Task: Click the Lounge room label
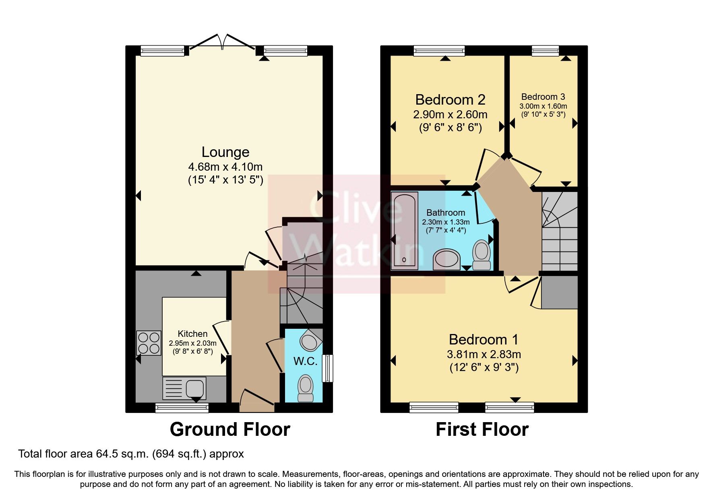(x=225, y=152)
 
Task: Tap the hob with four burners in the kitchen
(x=149, y=342)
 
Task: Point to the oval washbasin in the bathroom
(x=447, y=260)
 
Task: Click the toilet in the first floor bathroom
(x=482, y=255)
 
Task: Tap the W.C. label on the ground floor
(x=305, y=361)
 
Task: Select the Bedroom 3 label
(x=543, y=97)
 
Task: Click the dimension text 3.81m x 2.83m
(x=484, y=355)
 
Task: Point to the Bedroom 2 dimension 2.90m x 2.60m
(x=450, y=115)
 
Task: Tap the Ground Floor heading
(x=230, y=429)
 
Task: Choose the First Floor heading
(x=482, y=429)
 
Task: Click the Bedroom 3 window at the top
(x=545, y=50)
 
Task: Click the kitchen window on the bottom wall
(x=182, y=408)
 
